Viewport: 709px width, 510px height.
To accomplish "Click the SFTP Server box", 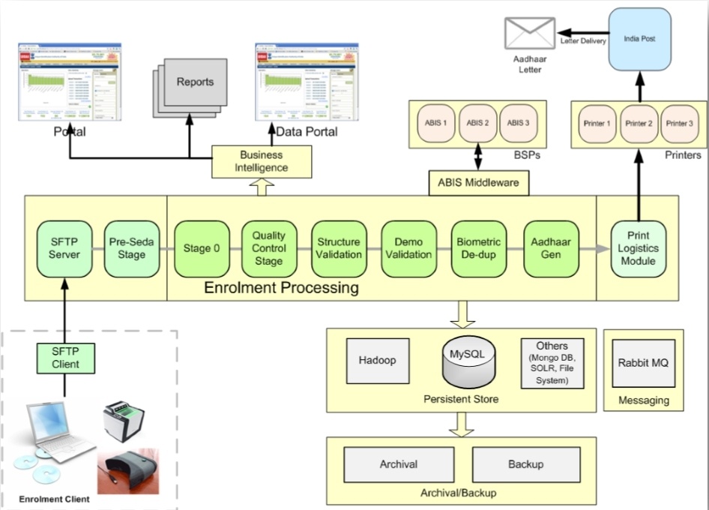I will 64,248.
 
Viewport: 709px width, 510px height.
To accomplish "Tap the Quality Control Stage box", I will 268,248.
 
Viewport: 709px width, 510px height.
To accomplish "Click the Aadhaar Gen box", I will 551,248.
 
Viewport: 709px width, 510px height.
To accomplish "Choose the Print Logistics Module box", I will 639,248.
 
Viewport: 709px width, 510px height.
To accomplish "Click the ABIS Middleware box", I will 478,182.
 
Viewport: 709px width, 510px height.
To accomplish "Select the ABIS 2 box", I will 477,123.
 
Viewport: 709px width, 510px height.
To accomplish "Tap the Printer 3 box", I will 679,123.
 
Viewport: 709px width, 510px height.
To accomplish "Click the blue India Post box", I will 639,40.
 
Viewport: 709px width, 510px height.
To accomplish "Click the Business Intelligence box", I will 262,161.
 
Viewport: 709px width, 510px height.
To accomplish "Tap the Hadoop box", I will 377,361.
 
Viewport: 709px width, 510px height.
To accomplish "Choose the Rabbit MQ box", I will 643,363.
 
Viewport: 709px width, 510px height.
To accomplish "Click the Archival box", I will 398,464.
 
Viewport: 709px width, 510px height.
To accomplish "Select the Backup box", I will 525,464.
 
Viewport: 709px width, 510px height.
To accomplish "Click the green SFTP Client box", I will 64,358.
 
